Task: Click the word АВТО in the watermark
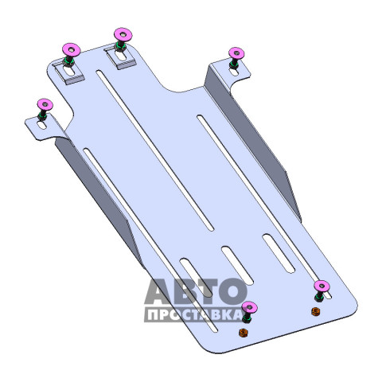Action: (196, 291)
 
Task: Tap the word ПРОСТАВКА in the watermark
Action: (193, 315)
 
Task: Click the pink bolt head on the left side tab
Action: (45, 104)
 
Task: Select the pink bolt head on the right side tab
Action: (236, 53)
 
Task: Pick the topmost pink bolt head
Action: (123, 34)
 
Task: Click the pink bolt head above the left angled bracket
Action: (72, 49)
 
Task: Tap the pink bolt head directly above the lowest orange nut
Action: (249, 307)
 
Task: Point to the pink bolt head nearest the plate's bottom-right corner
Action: (322, 286)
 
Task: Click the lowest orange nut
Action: (243, 333)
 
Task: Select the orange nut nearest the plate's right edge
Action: (316, 311)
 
